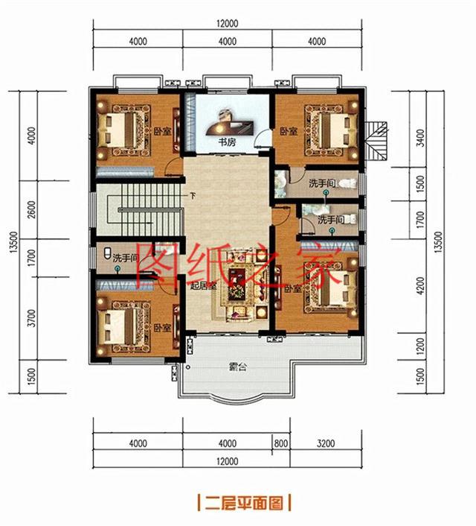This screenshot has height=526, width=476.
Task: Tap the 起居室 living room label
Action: [202, 287]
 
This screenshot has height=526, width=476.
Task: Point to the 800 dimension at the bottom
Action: [280, 444]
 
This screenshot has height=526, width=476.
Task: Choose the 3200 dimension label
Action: [325, 444]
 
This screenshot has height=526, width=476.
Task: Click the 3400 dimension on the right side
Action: [422, 137]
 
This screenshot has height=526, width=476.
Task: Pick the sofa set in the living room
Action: [239, 287]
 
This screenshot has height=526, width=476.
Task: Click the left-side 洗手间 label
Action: [126, 259]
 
